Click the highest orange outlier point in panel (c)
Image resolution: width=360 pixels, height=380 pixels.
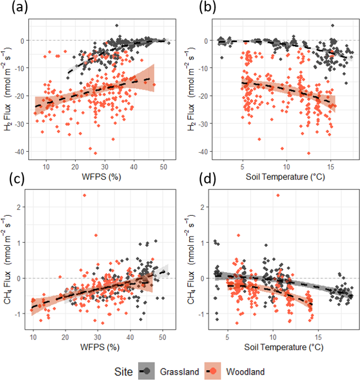coord(84,195)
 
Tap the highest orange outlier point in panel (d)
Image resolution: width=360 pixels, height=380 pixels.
coord(278,195)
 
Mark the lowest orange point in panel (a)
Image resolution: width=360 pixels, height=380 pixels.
coord(95,153)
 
